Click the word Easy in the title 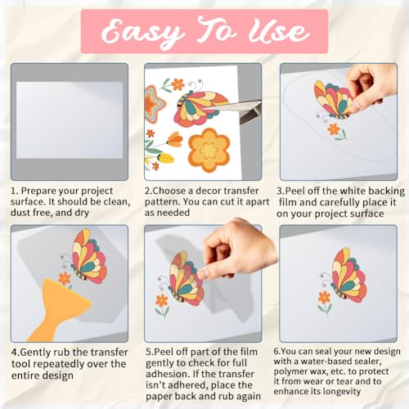[142, 33]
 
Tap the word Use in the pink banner [279, 32]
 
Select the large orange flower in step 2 [209, 151]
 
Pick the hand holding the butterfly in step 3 [371, 88]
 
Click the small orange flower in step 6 [325, 297]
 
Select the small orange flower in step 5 [162, 300]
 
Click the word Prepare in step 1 [39, 191]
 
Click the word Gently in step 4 [35, 353]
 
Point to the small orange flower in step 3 [334, 129]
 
